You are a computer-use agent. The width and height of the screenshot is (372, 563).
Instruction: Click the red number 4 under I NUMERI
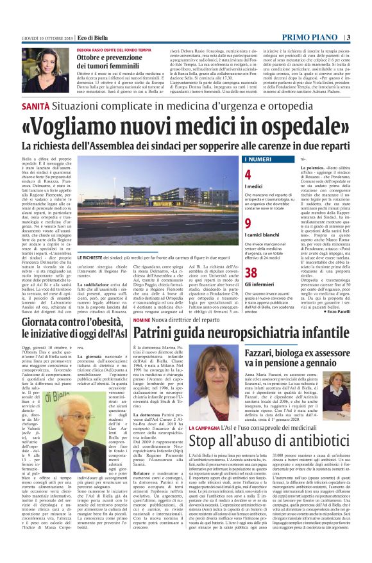click(248, 174)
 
